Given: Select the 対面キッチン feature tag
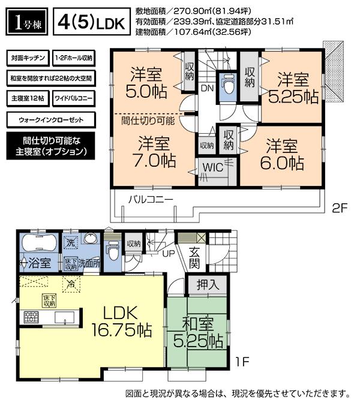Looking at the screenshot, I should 27,58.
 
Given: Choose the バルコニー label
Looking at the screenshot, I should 150,199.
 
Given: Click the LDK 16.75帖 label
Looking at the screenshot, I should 127,321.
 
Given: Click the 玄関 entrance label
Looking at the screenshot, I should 196,256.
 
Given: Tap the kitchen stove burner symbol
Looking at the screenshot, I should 31,316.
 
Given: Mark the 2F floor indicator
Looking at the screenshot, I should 340,209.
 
